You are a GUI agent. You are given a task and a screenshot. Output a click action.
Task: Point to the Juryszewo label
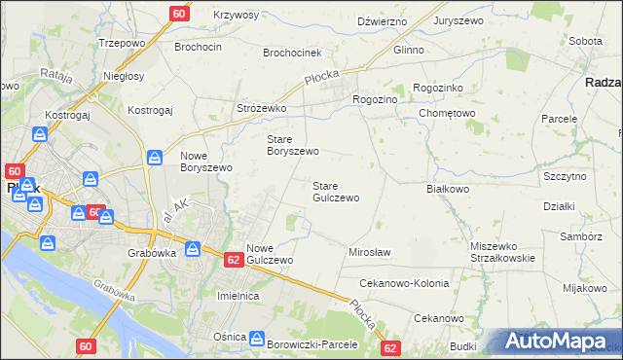click(460, 20)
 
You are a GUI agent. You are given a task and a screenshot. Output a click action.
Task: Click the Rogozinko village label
click(439, 87)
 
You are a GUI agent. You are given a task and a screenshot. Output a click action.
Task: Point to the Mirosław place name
click(369, 252)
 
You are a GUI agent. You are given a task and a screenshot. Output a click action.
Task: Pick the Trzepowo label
click(123, 44)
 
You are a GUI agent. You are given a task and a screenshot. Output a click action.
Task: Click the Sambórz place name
click(581, 236)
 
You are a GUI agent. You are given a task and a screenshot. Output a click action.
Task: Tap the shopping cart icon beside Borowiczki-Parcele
click(257, 340)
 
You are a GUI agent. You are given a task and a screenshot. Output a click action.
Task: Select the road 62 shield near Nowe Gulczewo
click(234, 260)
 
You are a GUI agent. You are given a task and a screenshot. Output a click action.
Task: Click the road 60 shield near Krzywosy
click(179, 14)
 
